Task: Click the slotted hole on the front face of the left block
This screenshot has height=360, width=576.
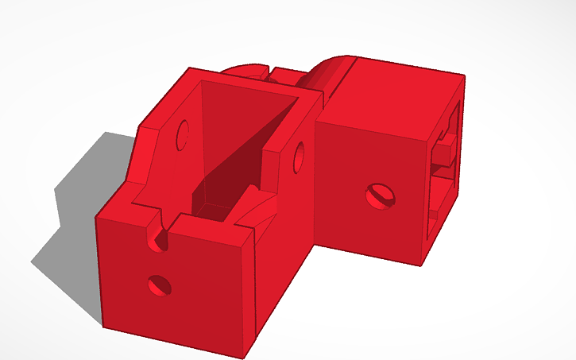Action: click(x=159, y=284)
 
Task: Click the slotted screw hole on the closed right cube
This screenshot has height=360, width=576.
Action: click(x=378, y=195)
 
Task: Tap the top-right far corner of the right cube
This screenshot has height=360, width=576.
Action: click(x=464, y=75)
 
